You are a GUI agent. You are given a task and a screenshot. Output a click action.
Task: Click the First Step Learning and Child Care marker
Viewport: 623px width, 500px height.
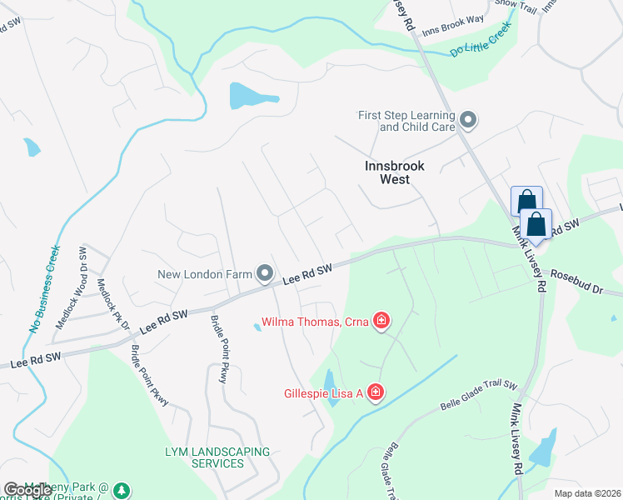(x=468, y=121)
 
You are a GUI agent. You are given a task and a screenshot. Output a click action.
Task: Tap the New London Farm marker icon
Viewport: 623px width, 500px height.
(x=265, y=273)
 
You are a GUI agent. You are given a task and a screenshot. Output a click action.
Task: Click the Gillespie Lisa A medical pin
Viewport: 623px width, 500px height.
(x=375, y=392)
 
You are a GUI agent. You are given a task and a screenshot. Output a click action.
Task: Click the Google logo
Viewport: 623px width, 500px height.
(x=27, y=490)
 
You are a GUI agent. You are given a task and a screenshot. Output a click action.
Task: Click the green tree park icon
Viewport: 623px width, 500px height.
(x=122, y=489)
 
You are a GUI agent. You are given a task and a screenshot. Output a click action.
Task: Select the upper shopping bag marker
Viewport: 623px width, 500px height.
(x=526, y=202)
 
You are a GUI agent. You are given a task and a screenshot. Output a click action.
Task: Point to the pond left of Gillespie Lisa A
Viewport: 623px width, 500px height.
(x=331, y=387)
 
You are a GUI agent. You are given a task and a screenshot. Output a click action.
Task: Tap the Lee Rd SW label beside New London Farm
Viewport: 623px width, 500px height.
(x=307, y=274)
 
